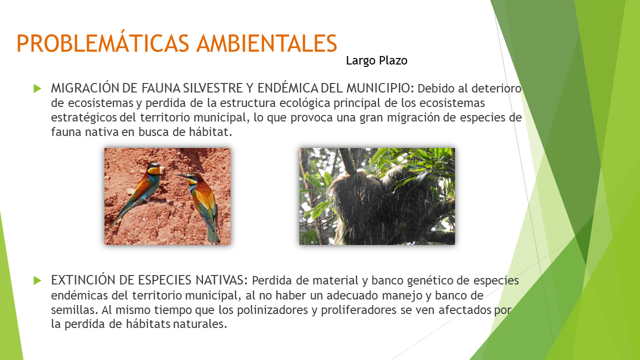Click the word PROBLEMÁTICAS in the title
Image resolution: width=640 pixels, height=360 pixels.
point(103,43)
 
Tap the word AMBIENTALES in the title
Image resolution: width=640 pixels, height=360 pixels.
point(267,43)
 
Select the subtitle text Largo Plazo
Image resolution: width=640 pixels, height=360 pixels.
point(376,61)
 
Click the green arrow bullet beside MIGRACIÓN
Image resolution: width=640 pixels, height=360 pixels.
point(37,88)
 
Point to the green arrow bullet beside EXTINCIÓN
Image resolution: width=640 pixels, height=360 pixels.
point(37,280)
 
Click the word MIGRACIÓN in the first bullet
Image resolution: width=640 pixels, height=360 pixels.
point(85,88)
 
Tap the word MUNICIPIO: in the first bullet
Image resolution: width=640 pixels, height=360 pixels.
point(380,88)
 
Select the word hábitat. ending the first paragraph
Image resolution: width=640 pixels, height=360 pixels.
point(210,132)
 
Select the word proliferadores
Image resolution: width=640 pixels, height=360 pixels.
point(358,310)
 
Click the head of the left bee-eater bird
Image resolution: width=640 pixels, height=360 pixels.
point(153,168)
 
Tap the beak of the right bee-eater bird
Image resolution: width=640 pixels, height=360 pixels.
point(181,175)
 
